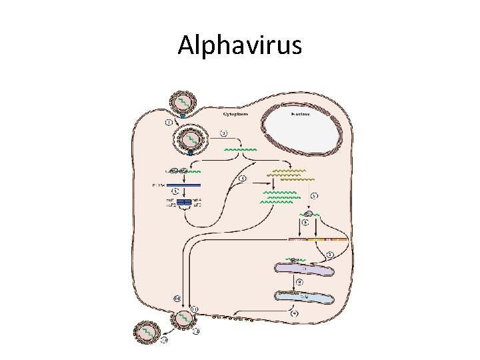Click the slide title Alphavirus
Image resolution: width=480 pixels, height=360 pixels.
(240, 45)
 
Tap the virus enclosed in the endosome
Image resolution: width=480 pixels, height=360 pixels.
(190, 140)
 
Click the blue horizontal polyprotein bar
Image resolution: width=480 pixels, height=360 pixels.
(183, 185)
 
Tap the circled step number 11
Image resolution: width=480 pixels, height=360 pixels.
(194, 308)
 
